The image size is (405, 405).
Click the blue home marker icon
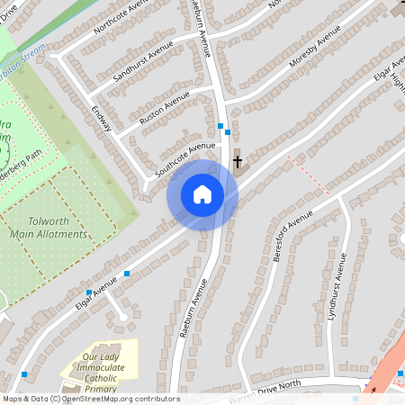click(x=202, y=194)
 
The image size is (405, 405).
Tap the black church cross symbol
click(x=238, y=162)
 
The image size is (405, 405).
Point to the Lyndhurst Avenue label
click(x=338, y=289)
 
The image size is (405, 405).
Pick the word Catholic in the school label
click(x=101, y=379)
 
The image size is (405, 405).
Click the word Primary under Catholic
click(x=101, y=390)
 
